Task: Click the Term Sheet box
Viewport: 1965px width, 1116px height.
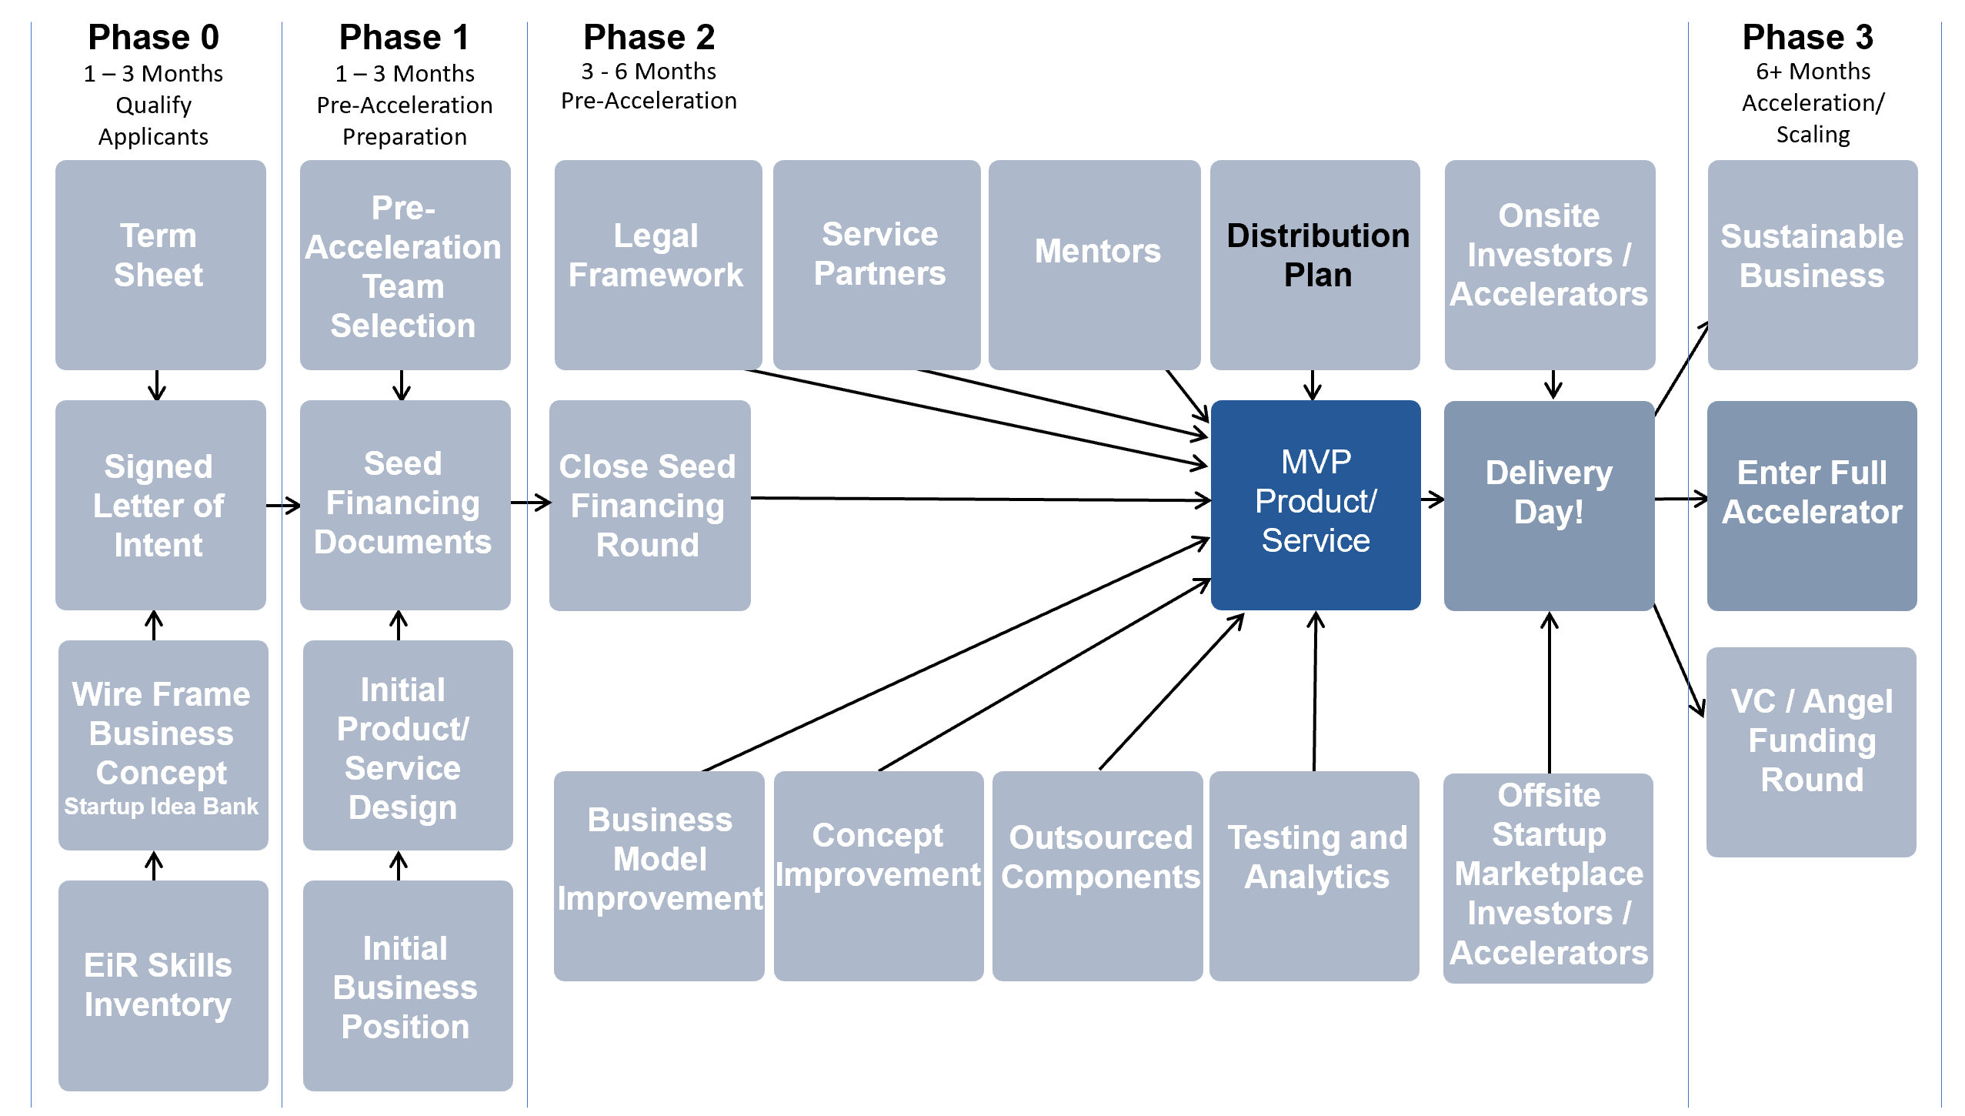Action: [x=160, y=265]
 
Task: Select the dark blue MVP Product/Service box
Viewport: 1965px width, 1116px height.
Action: [x=1315, y=504]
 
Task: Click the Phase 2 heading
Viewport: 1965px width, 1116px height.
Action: [x=649, y=37]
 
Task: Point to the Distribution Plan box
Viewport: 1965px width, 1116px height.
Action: [x=1315, y=265]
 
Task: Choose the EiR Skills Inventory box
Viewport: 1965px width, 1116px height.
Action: [x=162, y=985]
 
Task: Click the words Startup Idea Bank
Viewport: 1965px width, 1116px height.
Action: [x=161, y=806]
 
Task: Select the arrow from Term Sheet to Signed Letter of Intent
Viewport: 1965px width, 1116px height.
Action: [x=157, y=385]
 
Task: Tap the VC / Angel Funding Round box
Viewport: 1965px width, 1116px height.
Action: [x=1810, y=751]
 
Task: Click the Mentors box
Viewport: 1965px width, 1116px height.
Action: [x=1094, y=265]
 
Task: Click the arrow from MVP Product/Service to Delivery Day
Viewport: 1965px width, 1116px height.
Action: [x=1432, y=500]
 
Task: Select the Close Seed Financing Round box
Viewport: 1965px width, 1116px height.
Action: [x=649, y=505]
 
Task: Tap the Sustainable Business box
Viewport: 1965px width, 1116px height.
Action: [x=1812, y=265]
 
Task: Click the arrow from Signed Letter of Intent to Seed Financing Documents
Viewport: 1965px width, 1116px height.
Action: [x=283, y=506]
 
